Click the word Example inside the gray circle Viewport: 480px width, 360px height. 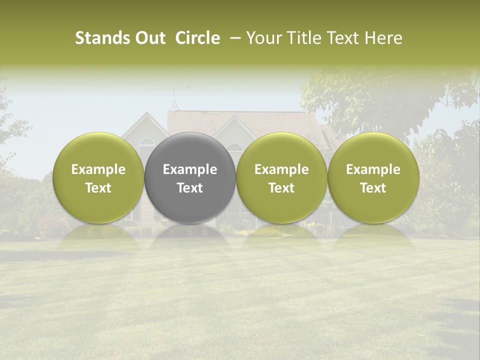(x=190, y=169)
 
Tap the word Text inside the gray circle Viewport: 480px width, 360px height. (x=190, y=188)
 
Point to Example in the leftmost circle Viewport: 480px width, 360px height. (x=98, y=169)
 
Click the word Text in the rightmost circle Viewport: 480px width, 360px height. (x=373, y=188)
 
